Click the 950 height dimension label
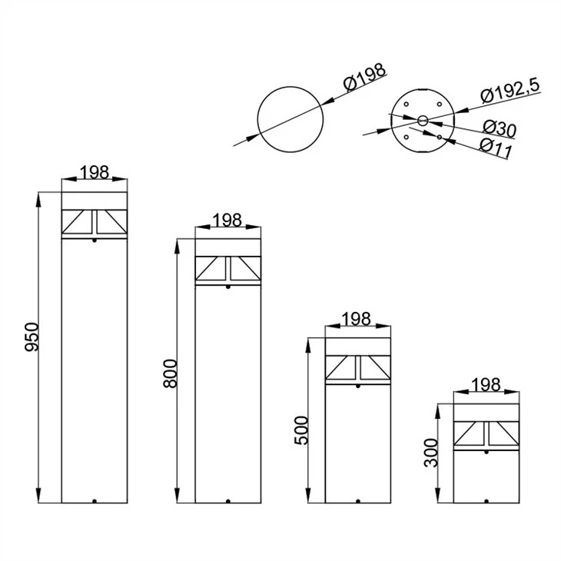tap(32, 337)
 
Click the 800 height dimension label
tap(170, 373)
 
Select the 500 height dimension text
tap(301, 430)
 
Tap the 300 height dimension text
tap(431, 453)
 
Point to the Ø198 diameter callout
tap(365, 77)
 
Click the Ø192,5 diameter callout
tap(510, 91)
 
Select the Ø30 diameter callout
tap(500, 128)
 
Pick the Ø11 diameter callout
tap(496, 148)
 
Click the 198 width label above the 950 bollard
tap(94, 172)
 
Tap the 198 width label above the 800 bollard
tap(227, 220)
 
